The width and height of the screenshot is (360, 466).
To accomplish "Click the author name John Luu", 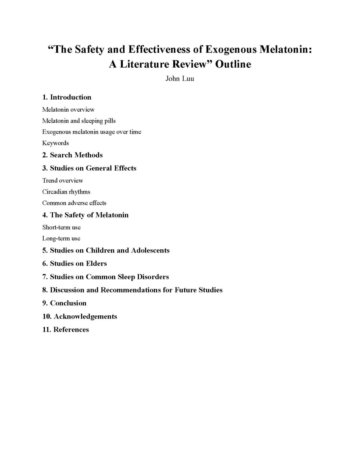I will pos(180,79).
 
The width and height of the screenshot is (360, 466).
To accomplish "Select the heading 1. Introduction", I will pos(67,97).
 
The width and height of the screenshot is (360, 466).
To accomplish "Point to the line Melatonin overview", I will pos(68,110).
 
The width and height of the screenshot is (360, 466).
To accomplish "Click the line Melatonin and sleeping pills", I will pos(79,121).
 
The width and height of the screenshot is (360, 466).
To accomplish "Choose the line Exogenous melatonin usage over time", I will pos(91,132).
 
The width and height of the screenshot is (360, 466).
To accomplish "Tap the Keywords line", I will pos(55,143).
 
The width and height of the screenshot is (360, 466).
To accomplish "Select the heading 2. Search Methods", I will pos(72,155).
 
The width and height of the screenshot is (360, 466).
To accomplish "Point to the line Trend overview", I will pos(63,181).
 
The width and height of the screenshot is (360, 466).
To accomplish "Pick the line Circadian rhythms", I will pos(66,192).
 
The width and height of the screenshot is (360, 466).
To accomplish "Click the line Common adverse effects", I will pos(74,203).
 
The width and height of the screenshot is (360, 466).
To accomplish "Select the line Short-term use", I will pos(61,227).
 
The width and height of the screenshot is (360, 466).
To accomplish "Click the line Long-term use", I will pos(61,239).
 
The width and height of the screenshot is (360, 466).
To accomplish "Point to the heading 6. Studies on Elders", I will pos(75,264).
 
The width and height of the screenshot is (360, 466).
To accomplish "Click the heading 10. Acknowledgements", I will pos(80,316).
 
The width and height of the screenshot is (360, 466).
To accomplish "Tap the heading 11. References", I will pos(66,330).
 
